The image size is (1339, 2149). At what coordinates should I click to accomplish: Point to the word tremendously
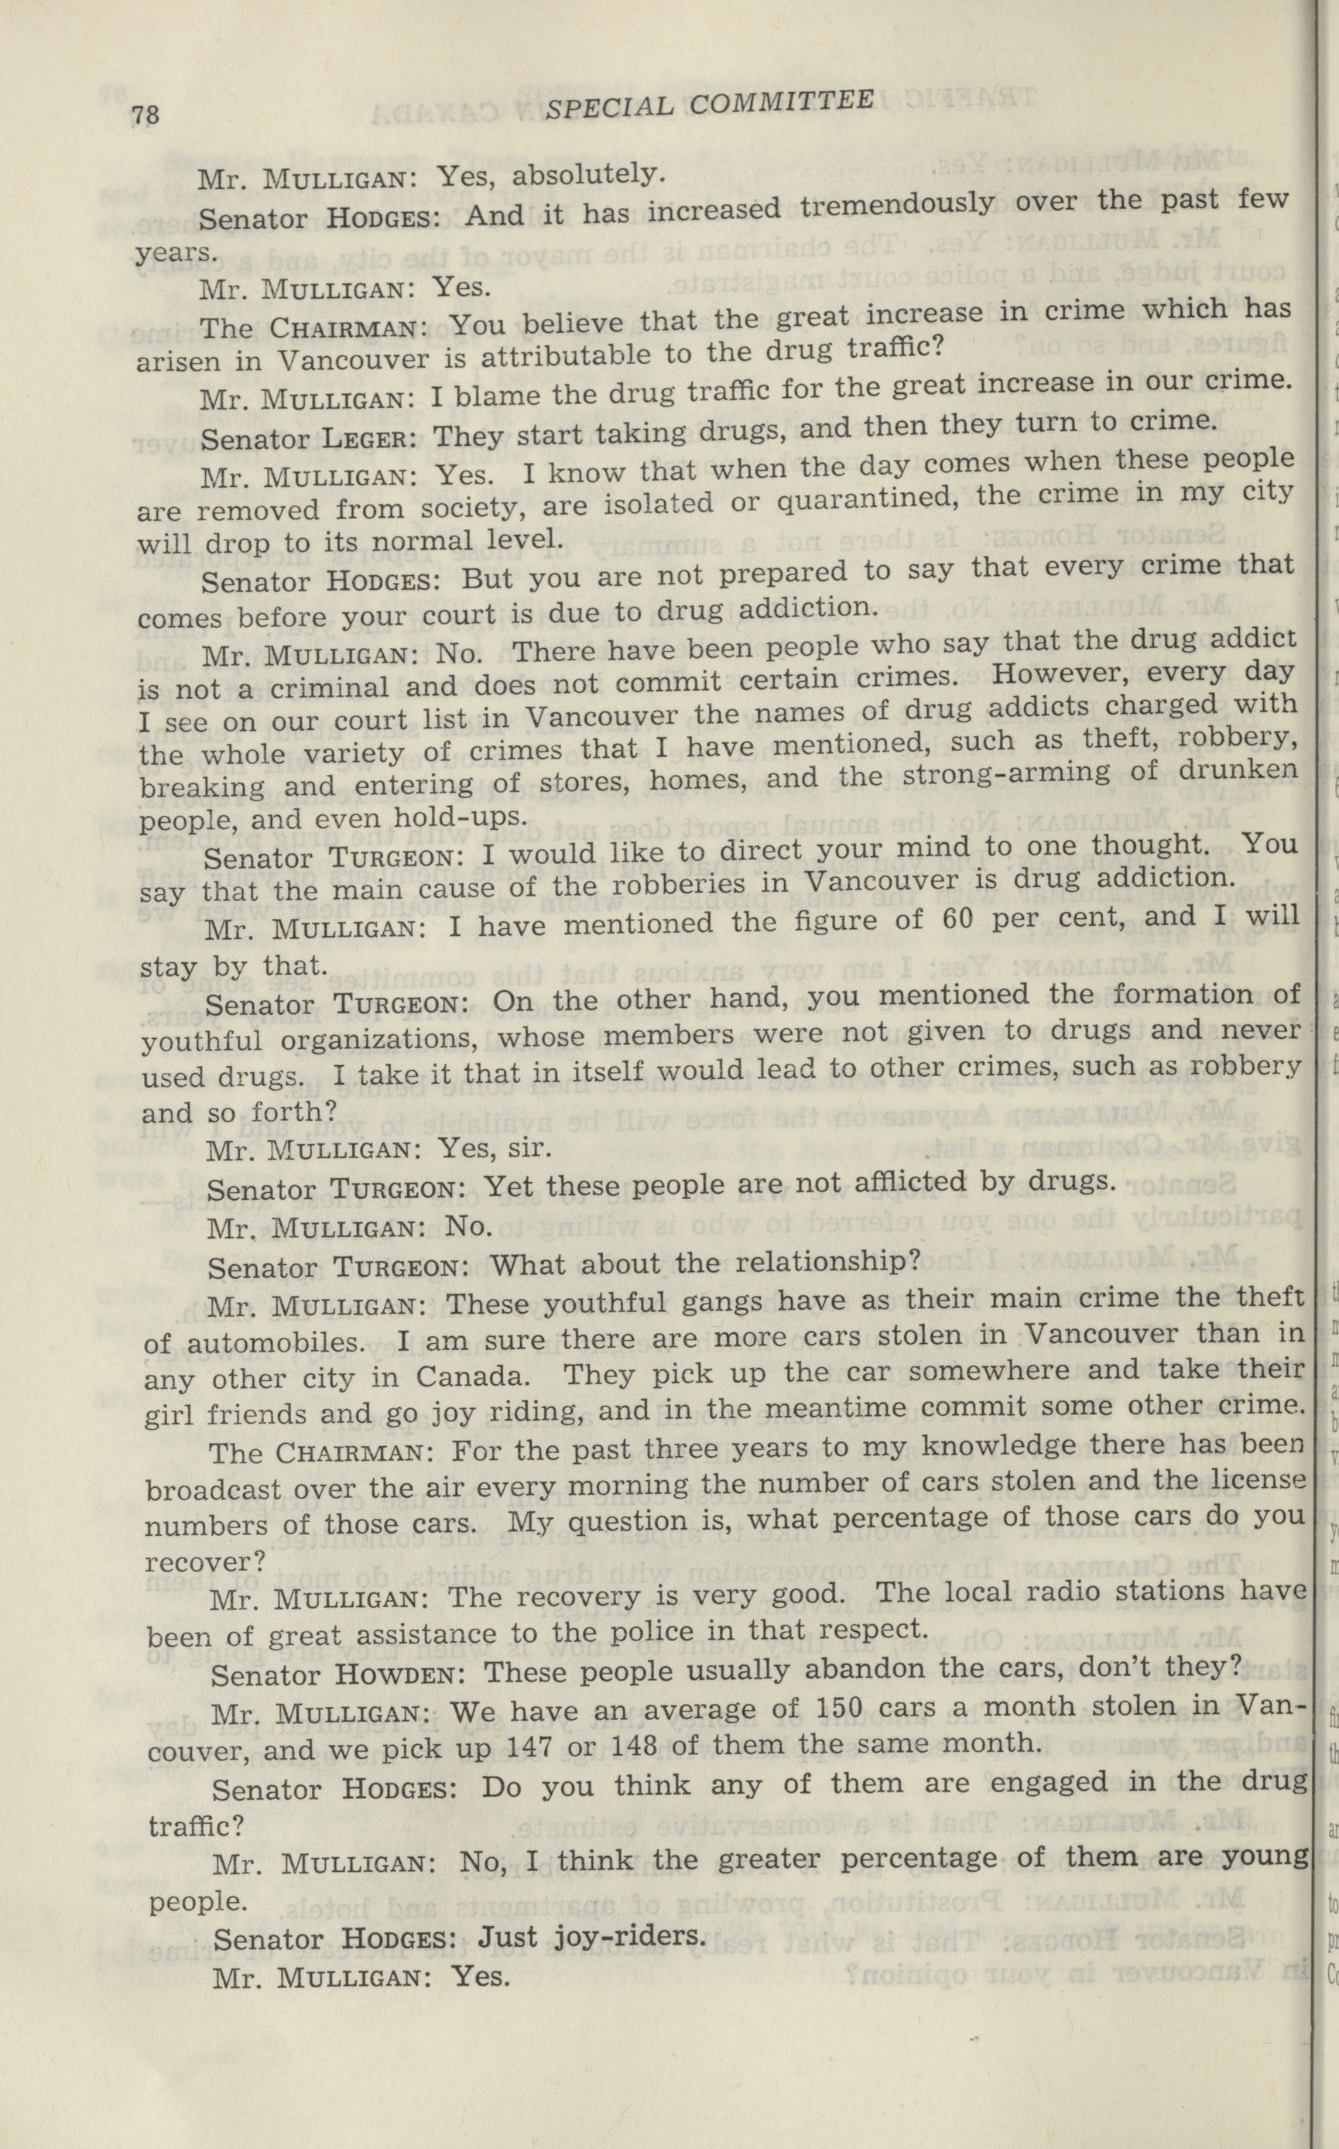[896, 207]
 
